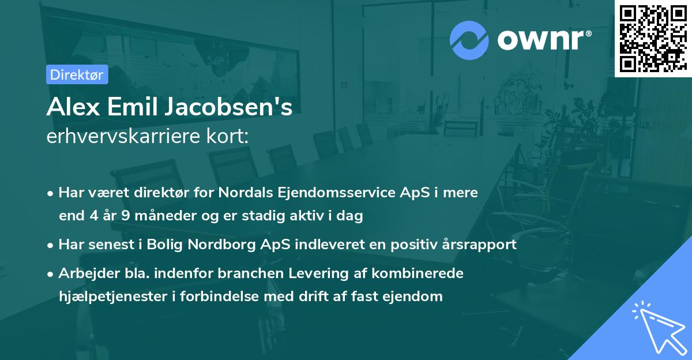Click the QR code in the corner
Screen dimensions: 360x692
coord(653,38)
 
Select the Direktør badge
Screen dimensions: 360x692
coord(77,74)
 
